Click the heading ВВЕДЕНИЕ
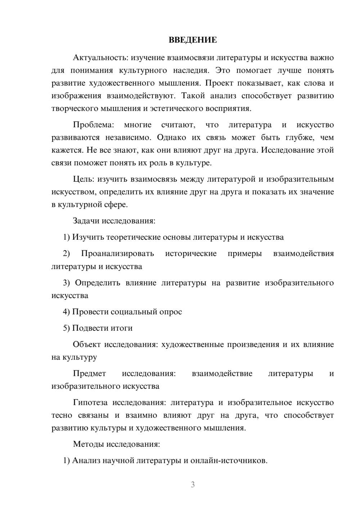coord(193,40)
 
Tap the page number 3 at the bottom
coord(193,485)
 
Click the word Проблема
coord(93,125)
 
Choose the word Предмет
coord(89,374)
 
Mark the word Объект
coord(86,344)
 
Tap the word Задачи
coord(86,221)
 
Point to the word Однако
coord(172,138)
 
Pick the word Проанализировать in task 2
coord(117,253)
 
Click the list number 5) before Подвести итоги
coord(66,328)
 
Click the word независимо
coord(126,138)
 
